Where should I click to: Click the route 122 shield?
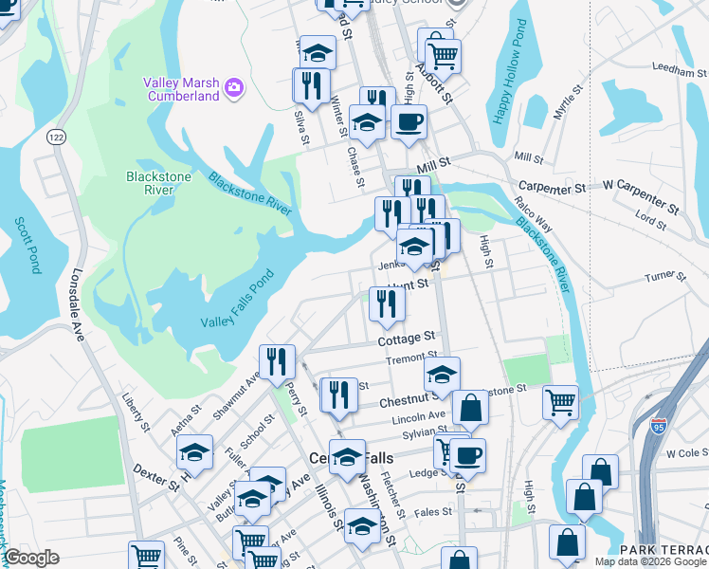[x=57, y=137]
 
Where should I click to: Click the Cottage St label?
[x=406, y=338]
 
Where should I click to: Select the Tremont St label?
[x=409, y=359]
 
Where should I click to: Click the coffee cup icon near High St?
[x=409, y=121]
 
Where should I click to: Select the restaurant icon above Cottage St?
[x=387, y=303]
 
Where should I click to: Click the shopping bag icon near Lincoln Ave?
[x=470, y=409]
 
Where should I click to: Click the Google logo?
[x=30, y=558]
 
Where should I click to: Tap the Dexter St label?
[x=155, y=476]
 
